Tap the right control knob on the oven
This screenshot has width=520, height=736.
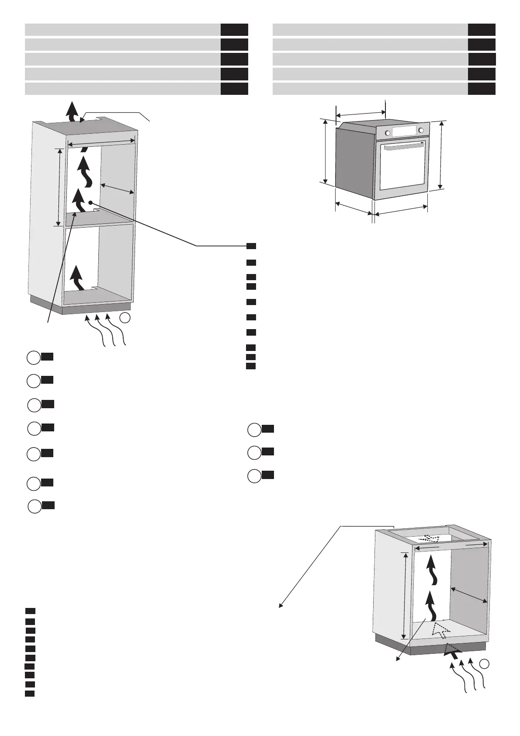(x=421, y=130)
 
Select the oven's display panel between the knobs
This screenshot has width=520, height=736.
(x=404, y=131)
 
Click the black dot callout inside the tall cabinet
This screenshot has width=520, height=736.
(x=90, y=202)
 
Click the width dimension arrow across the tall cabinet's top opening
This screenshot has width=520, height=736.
(x=101, y=142)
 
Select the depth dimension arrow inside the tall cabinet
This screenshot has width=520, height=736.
(x=117, y=188)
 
